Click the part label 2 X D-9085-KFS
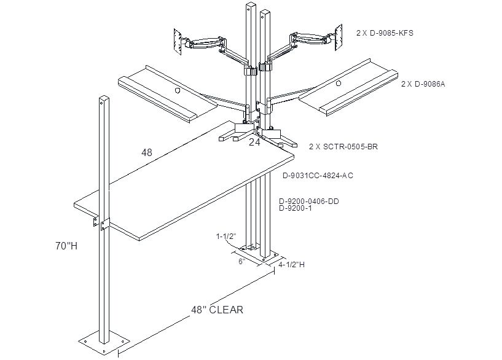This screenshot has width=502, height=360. [385, 33]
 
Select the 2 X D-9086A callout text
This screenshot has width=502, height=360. [423, 84]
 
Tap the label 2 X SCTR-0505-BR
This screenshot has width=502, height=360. [343, 147]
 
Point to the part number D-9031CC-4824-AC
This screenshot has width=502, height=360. [318, 176]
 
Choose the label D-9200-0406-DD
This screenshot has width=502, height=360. [309, 202]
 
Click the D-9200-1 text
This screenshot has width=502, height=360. [295, 208]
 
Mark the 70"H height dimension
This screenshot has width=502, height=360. [66, 246]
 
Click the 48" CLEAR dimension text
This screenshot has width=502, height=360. [218, 310]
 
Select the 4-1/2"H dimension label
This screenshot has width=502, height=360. [291, 265]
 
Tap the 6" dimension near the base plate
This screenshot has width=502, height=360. [241, 262]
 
